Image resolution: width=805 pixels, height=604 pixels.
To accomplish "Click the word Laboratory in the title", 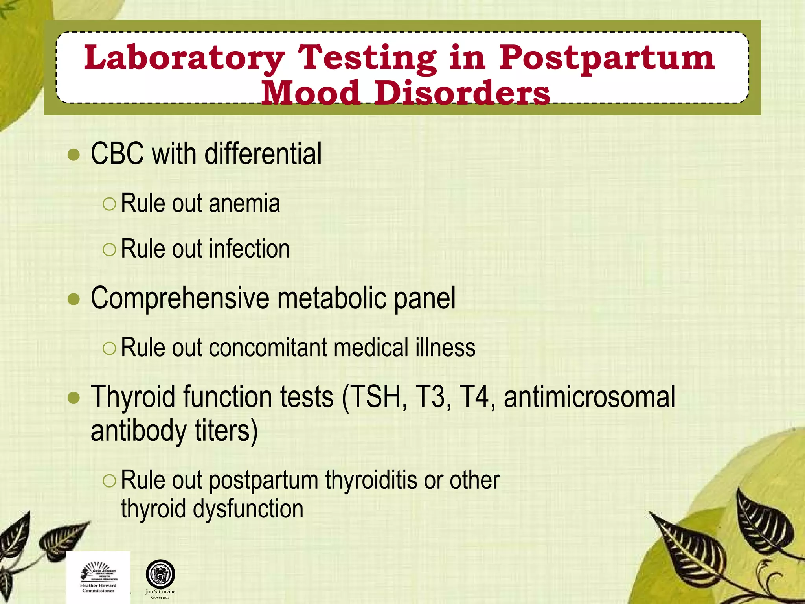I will pos(184,58).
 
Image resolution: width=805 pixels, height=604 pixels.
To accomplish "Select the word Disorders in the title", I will pos(462,94).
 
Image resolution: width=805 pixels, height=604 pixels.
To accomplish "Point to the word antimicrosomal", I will pos(589,397).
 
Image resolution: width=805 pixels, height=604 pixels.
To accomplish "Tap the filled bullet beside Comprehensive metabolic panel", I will pos(74,300).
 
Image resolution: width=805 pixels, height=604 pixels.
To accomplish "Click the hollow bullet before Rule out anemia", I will pos(109,204).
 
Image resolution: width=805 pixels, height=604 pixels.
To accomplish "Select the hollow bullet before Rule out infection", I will pos(109,250).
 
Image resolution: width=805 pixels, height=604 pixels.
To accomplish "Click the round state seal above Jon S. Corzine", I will pos(160,574).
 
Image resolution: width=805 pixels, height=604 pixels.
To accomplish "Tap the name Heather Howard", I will pos(98,585).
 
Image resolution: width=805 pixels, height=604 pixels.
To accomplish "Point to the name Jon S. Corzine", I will pos(160,591).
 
